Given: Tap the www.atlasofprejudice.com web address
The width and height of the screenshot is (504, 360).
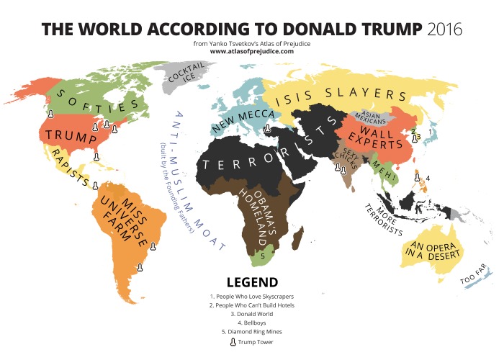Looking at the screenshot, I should point(252,51).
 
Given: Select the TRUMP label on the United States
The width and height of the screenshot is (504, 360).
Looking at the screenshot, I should point(72,135).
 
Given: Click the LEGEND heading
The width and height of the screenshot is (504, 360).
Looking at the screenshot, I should point(252,282).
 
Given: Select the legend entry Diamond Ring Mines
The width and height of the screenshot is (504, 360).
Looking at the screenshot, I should point(252,331).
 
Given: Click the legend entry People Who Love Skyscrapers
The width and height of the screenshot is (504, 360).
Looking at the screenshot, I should point(252,296).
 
